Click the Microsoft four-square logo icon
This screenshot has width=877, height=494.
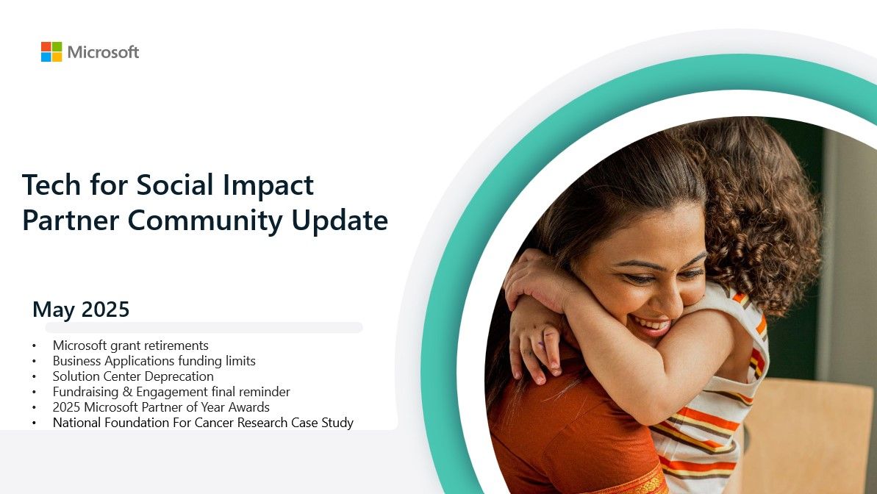pyautogui.click(x=51, y=52)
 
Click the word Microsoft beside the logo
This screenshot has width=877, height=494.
pyautogui.click(x=103, y=52)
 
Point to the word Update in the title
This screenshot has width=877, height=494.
pyautogui.click(x=343, y=220)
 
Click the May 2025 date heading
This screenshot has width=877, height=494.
pyautogui.click(x=81, y=309)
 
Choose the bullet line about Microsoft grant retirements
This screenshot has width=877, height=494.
pyautogui.click(x=131, y=346)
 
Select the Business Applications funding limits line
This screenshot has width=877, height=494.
pyautogui.click(x=154, y=361)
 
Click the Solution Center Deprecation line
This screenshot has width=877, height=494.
pyautogui.click(x=133, y=376)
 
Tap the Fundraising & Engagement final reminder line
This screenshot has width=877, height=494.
pyautogui.click(x=171, y=392)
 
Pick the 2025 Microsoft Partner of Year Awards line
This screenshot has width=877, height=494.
pyautogui.click(x=161, y=407)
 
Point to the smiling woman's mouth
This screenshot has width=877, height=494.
pyautogui.click(x=650, y=324)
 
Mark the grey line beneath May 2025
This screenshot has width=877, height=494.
pyautogui.click(x=204, y=327)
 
